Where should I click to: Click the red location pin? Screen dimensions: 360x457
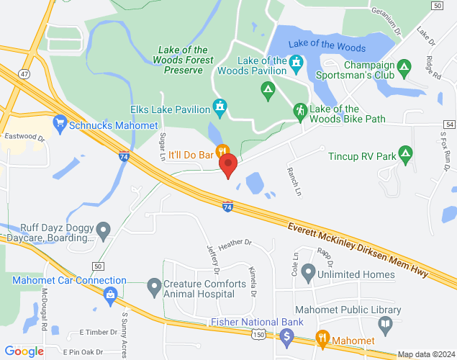pyautogui.click(x=228, y=164)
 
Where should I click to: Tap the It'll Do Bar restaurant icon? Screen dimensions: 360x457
pyautogui.click(x=222, y=150)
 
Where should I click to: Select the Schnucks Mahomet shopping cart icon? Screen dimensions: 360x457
pyautogui.click(x=60, y=125)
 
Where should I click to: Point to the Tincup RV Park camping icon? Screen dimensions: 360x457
pyautogui.click(x=405, y=155)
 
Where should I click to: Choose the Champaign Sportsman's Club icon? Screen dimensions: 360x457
pyautogui.click(x=404, y=67)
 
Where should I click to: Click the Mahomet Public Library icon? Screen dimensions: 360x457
pyautogui.click(x=386, y=324)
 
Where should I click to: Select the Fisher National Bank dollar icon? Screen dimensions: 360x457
pyautogui.click(x=286, y=336)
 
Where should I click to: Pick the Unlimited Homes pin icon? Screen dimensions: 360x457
pyautogui.click(x=308, y=273)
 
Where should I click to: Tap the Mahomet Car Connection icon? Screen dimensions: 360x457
pyautogui.click(x=110, y=294)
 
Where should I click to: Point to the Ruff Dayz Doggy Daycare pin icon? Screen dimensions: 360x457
pyautogui.click(x=104, y=231)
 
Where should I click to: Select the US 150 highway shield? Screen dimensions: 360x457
pyautogui.click(x=258, y=335)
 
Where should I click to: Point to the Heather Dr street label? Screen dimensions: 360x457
pyautogui.click(x=237, y=243)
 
